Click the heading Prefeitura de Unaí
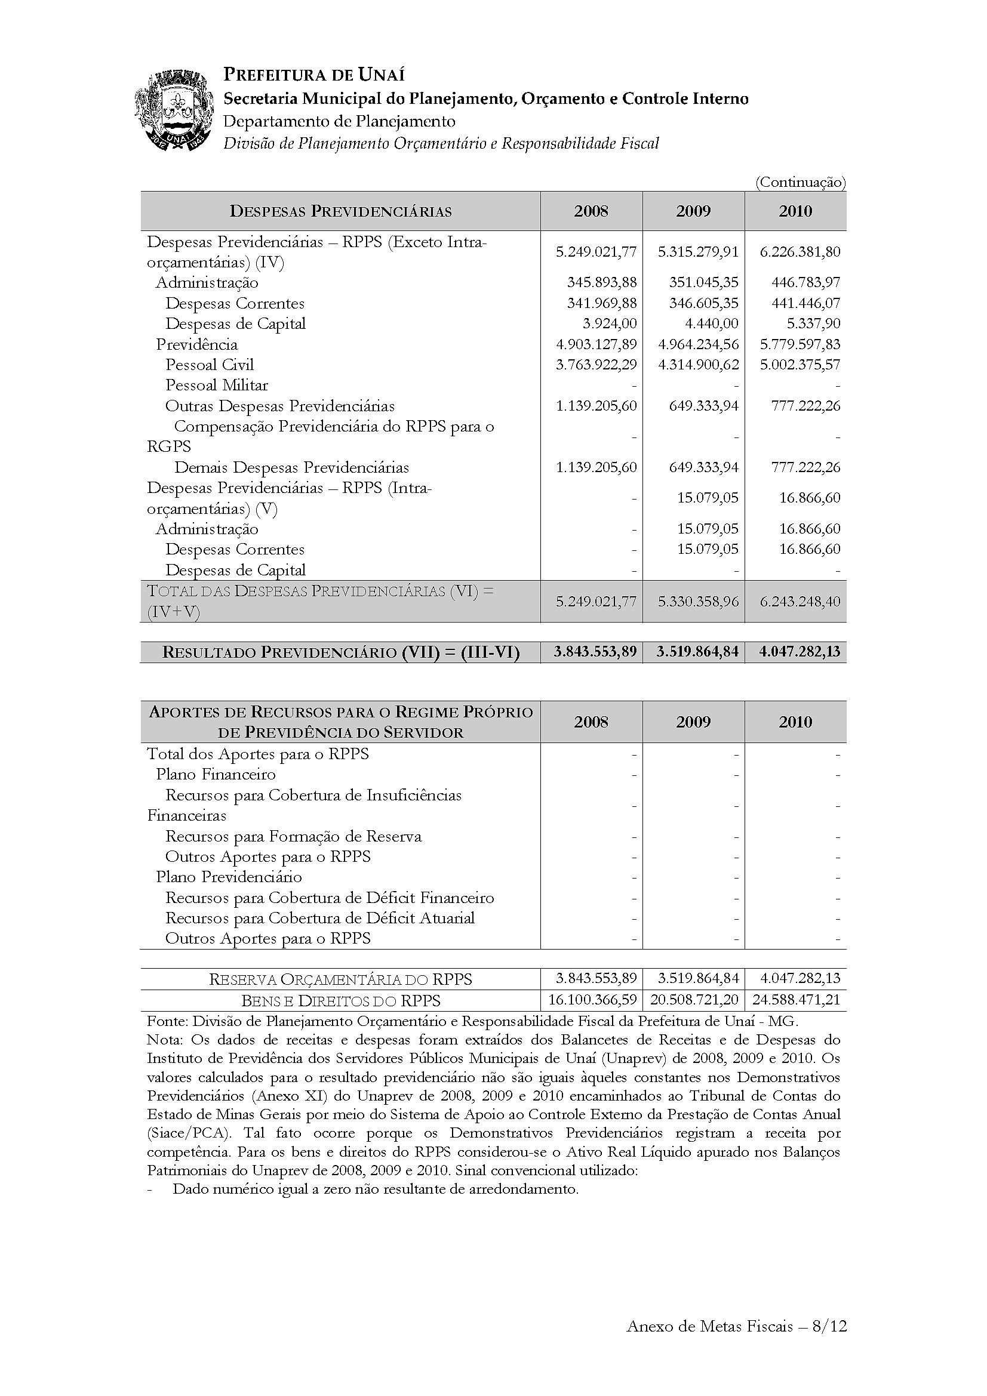coord(314,75)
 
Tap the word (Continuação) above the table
coord(800,182)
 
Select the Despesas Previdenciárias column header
coord(340,212)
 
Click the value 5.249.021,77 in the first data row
coord(596,252)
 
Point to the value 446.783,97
coord(800,282)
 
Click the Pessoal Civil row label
coord(209,365)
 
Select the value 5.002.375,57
coord(800,365)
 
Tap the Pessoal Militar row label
coord(217,385)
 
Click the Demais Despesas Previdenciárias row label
coord(291,467)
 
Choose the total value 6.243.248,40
coord(800,602)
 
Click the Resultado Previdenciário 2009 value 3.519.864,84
coord(697,652)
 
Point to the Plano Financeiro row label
coord(216,774)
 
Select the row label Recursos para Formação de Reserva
coord(293,836)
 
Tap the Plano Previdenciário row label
coord(229,877)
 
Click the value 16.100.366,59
coord(592,1000)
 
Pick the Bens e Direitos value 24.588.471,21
coord(797,1000)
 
